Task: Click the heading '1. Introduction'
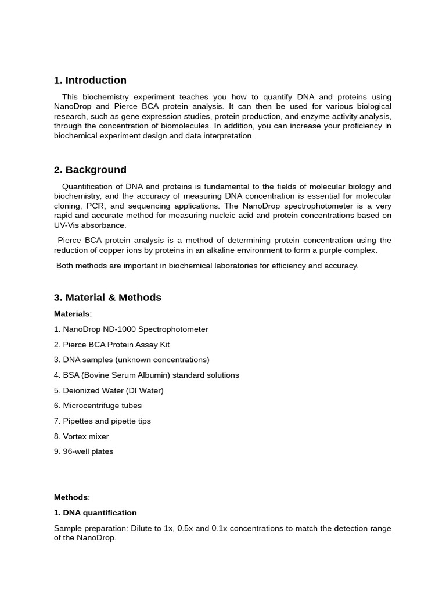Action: click(90, 80)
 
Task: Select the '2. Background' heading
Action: click(90, 170)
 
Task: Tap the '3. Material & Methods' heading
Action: click(107, 297)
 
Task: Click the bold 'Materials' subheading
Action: click(72, 314)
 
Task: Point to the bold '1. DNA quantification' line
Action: click(95, 513)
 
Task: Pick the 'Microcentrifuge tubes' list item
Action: click(98, 406)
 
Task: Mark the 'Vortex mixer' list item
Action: click(81, 436)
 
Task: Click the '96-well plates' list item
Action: click(84, 451)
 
